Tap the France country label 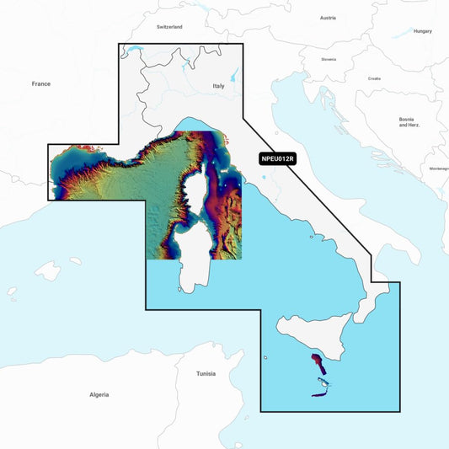pyautogui.click(x=41, y=83)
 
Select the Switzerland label pyautogui.click(x=169, y=27)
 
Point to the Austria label pyautogui.click(x=327, y=18)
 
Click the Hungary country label pyautogui.click(x=423, y=31)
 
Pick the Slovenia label pyautogui.click(x=329, y=59)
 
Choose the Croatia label pyautogui.click(x=374, y=78)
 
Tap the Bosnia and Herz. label pyautogui.click(x=409, y=122)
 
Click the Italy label pyautogui.click(x=219, y=86)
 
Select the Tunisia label pyautogui.click(x=206, y=373)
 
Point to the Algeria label pyautogui.click(x=99, y=394)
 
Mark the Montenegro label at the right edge pyautogui.click(x=439, y=168)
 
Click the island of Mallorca pyautogui.click(x=48, y=271)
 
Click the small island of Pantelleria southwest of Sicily pyautogui.click(x=265, y=357)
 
